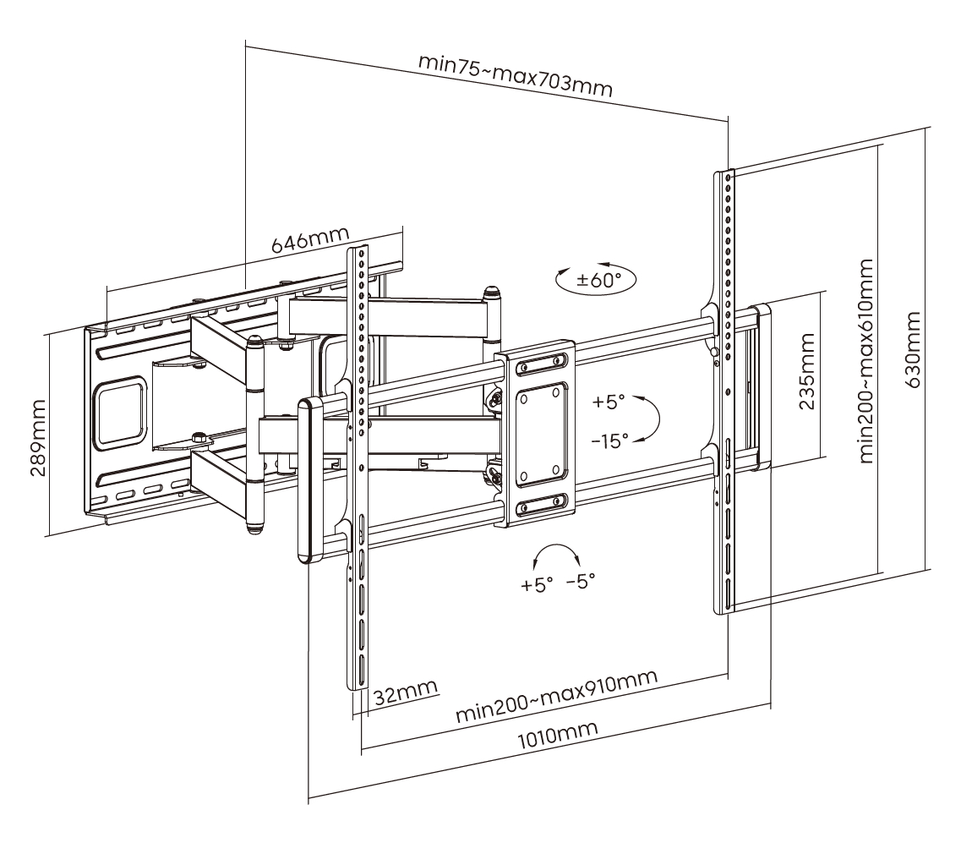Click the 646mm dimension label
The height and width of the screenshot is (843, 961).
pos(304,243)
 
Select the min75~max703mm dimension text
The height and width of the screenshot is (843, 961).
pos(515,76)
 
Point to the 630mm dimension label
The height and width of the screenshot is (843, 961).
pos(913,350)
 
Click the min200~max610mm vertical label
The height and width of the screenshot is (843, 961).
pos(865,361)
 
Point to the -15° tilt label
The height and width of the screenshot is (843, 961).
pos(611,440)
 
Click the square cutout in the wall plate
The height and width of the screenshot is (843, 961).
pos(121,413)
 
